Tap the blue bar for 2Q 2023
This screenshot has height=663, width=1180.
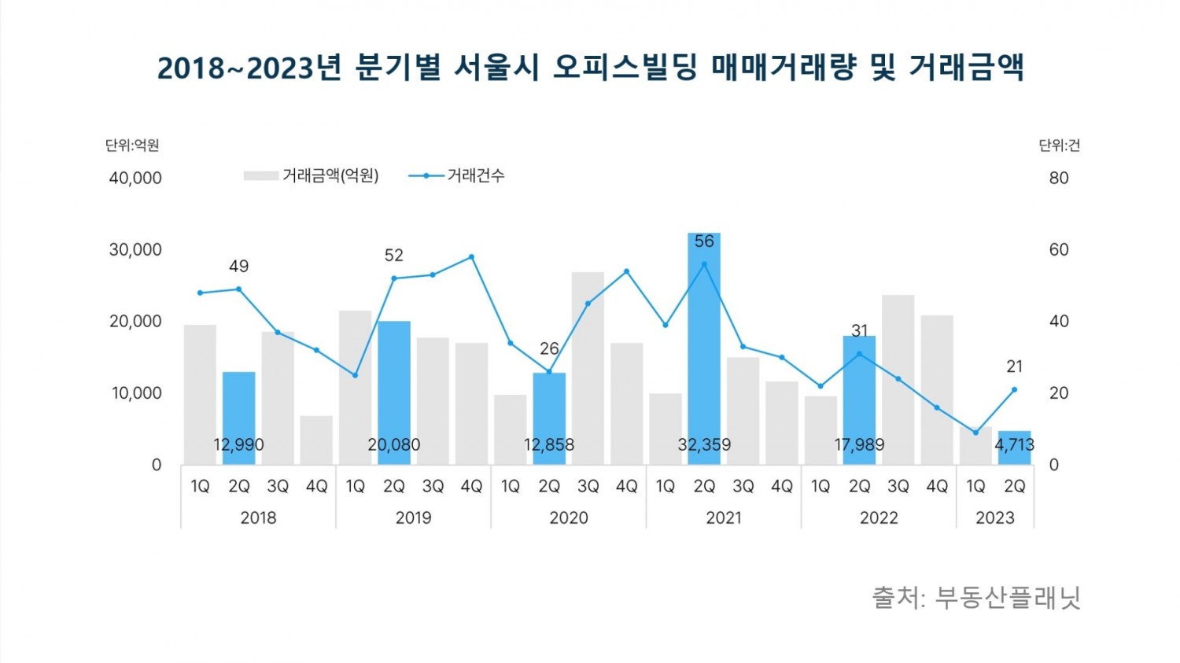[x=1014, y=448]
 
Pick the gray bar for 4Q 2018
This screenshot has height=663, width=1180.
[x=316, y=440]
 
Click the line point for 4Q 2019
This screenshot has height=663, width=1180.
[x=471, y=256]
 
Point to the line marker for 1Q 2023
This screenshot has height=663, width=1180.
[x=975, y=432]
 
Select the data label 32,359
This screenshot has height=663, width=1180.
[x=704, y=445]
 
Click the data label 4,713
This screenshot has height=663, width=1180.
[x=1014, y=445]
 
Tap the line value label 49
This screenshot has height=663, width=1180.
[x=238, y=267]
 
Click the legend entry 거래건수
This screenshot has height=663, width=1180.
[x=475, y=176]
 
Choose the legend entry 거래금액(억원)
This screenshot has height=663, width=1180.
[x=330, y=176]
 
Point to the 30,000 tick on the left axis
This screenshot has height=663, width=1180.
[x=135, y=250]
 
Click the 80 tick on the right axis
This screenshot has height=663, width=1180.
[x=1059, y=179]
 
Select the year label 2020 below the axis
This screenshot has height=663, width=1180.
[x=568, y=518]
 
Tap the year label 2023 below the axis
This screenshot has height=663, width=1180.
[x=994, y=518]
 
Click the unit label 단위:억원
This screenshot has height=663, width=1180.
[x=132, y=145]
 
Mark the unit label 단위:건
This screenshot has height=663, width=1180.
[x=1059, y=145]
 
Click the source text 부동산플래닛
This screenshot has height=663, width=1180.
[x=1008, y=598]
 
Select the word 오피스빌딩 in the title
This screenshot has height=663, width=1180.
[x=625, y=68]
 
